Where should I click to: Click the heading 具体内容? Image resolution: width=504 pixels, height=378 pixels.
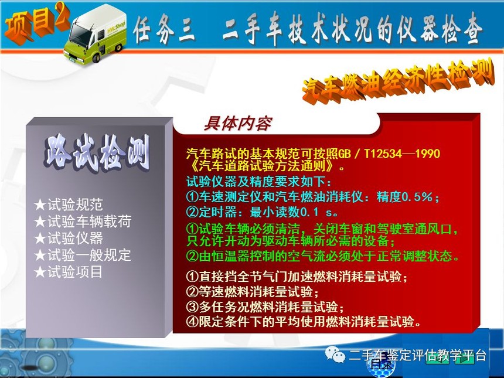[x=238, y=124]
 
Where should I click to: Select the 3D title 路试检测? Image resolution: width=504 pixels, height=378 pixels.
[x=97, y=154]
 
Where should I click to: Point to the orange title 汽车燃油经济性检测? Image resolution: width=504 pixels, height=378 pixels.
[x=399, y=80]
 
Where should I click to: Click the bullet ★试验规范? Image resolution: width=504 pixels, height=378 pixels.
[x=69, y=205]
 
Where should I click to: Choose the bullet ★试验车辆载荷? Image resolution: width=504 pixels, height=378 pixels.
[x=83, y=222]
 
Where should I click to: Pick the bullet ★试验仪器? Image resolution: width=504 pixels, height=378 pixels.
[x=69, y=238]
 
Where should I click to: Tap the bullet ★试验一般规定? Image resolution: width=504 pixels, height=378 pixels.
[x=83, y=255]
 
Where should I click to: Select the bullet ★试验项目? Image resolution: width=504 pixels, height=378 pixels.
[x=69, y=271]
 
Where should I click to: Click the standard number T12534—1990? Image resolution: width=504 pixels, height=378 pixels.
[x=402, y=154]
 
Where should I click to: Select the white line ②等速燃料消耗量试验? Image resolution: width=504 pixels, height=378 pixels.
[x=253, y=291]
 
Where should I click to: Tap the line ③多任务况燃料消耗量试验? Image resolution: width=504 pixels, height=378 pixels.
[x=265, y=307]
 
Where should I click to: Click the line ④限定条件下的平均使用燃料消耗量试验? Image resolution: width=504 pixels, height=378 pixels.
[x=304, y=321]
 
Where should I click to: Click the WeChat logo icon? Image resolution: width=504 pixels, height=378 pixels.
[x=335, y=355]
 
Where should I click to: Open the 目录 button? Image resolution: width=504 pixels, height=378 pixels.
[x=381, y=364]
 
